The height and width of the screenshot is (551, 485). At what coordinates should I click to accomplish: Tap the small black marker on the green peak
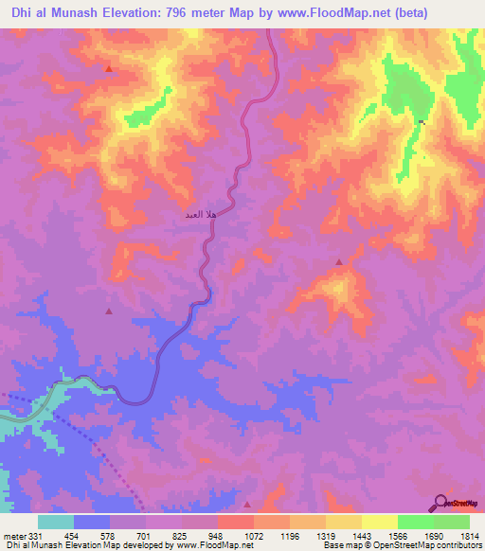click(422, 122)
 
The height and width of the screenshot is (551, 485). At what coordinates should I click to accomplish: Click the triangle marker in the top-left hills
click(109, 68)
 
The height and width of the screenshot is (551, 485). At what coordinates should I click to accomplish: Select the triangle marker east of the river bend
click(339, 261)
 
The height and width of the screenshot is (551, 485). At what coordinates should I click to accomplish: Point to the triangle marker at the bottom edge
click(248, 505)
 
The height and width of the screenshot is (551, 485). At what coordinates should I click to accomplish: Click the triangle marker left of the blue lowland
click(109, 311)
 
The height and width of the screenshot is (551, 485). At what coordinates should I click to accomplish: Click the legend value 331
click(34, 536)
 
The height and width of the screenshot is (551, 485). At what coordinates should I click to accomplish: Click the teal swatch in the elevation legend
click(56, 522)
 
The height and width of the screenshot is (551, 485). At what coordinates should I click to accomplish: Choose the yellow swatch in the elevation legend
click(380, 522)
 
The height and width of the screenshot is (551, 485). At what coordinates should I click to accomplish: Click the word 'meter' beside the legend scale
click(13, 536)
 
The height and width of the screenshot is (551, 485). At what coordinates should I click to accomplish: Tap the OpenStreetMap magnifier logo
click(441, 502)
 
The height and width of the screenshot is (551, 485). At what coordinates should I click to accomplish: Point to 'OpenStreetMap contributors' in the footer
click(425, 545)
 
